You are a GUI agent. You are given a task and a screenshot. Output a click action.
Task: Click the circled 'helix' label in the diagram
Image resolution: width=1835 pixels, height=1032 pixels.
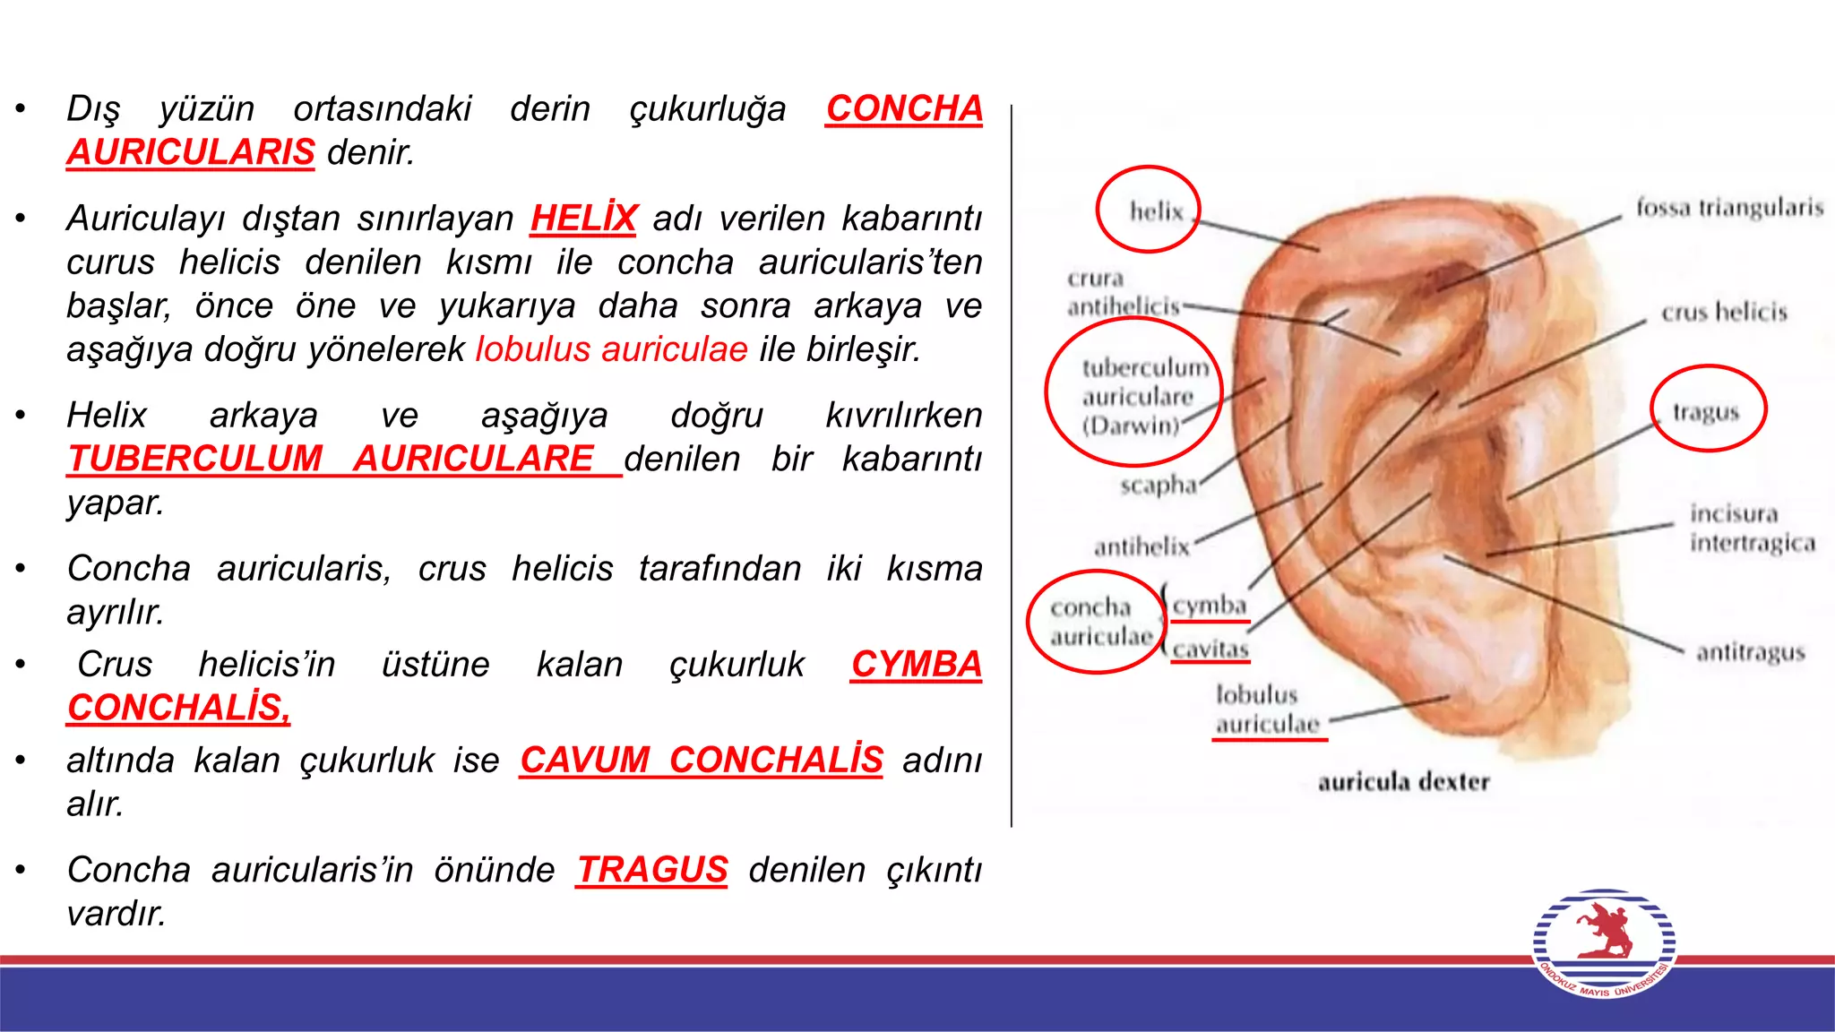[x=1155, y=211]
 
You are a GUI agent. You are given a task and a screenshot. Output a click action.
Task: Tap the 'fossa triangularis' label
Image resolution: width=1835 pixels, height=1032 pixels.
[x=1729, y=208]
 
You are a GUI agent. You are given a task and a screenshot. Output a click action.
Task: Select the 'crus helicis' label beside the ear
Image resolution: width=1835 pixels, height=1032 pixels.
[x=1724, y=312]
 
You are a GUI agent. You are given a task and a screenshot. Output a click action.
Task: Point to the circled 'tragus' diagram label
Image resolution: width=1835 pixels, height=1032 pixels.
[x=1706, y=412]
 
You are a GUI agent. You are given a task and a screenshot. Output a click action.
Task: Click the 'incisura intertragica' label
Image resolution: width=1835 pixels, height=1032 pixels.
[x=1752, y=528]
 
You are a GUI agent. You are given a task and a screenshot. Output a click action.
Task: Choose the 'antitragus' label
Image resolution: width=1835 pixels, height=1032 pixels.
[x=1750, y=652]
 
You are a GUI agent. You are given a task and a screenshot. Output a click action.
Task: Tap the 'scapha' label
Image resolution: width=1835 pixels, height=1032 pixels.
[x=1158, y=486]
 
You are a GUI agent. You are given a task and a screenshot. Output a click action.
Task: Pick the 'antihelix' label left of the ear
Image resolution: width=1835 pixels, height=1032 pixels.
[x=1141, y=546]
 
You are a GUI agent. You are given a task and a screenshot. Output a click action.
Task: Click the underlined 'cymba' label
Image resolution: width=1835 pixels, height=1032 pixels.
[x=1210, y=606]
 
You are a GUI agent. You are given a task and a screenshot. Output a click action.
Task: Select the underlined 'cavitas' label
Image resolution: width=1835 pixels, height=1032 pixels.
[x=1210, y=649]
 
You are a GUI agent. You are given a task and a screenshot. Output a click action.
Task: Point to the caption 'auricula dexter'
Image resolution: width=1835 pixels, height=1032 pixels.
[x=1403, y=782]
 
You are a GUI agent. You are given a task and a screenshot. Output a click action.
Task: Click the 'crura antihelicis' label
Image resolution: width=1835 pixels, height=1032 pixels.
[x=1123, y=293]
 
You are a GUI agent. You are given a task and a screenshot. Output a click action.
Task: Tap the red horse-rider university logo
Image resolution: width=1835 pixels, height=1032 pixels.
[x=1603, y=941]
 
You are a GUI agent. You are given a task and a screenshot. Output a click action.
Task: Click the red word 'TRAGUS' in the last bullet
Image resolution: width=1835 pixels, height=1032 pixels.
[x=651, y=870]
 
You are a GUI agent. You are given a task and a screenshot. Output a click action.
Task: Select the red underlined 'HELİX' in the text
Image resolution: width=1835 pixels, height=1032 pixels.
[x=583, y=219]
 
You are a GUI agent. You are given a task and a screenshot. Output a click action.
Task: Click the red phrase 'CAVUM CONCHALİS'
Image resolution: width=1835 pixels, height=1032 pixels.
[x=701, y=761]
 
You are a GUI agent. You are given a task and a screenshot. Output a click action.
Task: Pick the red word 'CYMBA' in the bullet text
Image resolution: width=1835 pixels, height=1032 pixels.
[x=916, y=665]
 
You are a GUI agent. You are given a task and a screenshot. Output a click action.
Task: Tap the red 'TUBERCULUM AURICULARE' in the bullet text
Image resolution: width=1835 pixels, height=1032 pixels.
[x=331, y=459]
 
